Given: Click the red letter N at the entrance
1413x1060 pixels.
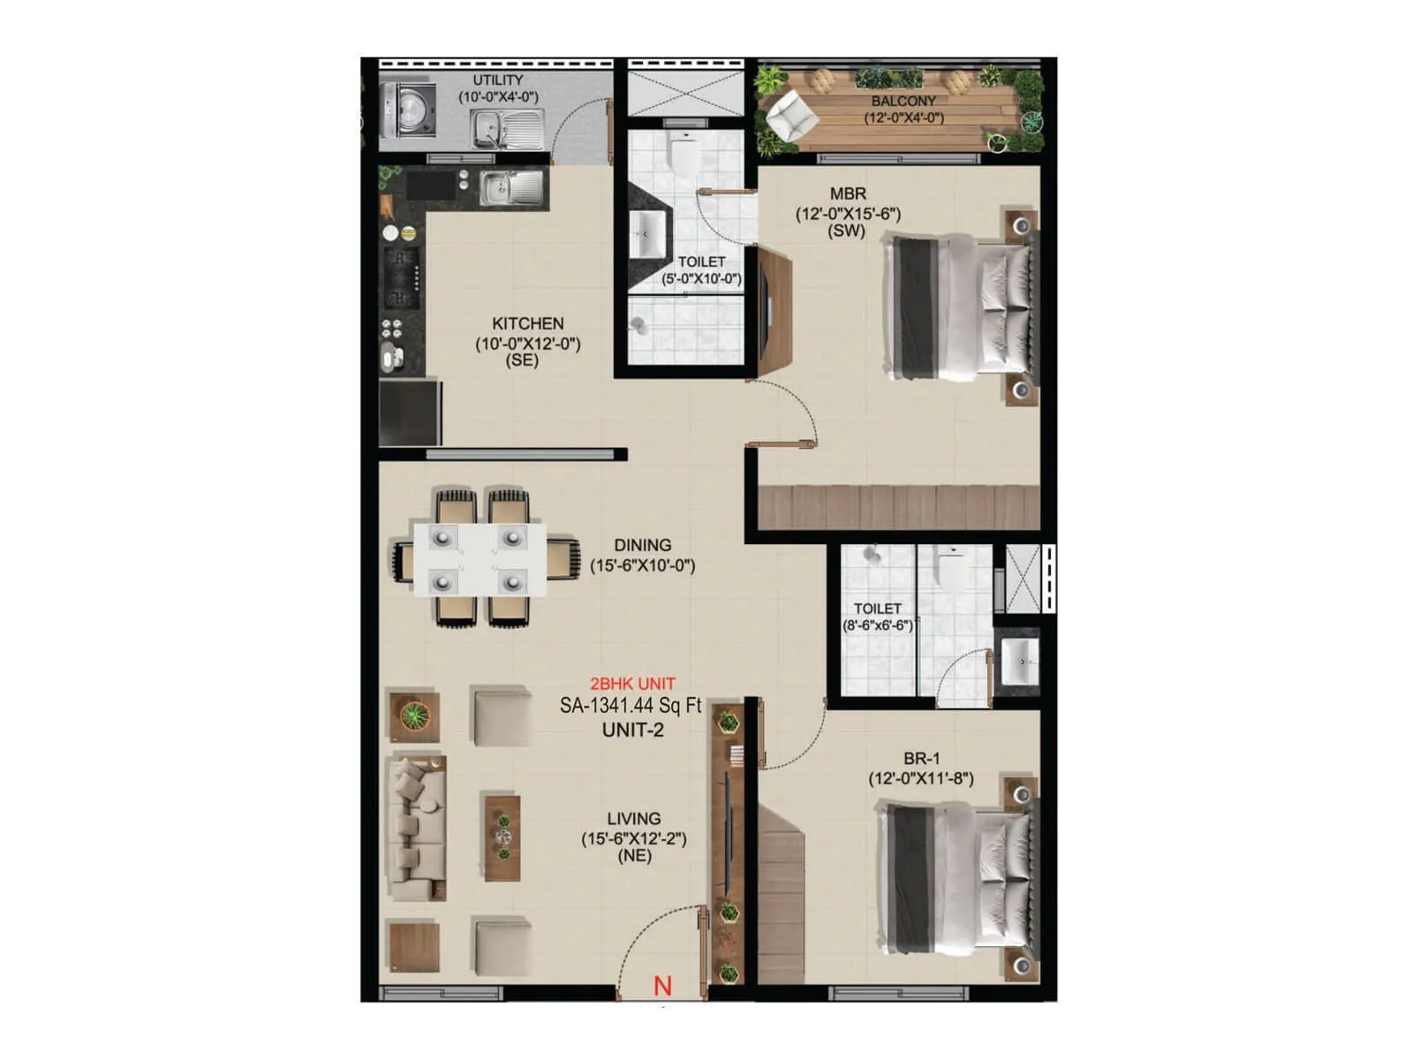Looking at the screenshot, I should pyautogui.click(x=662, y=986).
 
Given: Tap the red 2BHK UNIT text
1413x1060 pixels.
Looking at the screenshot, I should pyautogui.click(x=632, y=684).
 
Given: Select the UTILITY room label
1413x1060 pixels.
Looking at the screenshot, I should pyautogui.click(x=497, y=80).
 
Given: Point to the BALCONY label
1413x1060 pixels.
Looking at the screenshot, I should pyautogui.click(x=903, y=102).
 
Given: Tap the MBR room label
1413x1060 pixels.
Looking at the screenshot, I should pyautogui.click(x=848, y=193).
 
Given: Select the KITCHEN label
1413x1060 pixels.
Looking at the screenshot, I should pyautogui.click(x=527, y=324).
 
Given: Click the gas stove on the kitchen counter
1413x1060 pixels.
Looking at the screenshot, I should pyautogui.click(x=400, y=277).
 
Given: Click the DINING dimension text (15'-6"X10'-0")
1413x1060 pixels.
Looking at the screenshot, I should pyautogui.click(x=642, y=565).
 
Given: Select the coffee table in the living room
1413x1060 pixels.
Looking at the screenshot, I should pyautogui.click(x=502, y=837).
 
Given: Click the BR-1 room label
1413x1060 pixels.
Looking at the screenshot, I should pyautogui.click(x=921, y=758).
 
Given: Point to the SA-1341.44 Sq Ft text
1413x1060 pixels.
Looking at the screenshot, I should pyautogui.click(x=631, y=706).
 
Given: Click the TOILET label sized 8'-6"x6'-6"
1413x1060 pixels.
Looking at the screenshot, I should pyautogui.click(x=877, y=609).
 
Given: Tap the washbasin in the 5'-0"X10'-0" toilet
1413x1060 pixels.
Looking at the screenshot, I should pyautogui.click(x=647, y=234).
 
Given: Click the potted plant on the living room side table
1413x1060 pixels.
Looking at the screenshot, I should pyautogui.click(x=414, y=715).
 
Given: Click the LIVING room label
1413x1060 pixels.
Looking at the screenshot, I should pyautogui.click(x=633, y=819).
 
